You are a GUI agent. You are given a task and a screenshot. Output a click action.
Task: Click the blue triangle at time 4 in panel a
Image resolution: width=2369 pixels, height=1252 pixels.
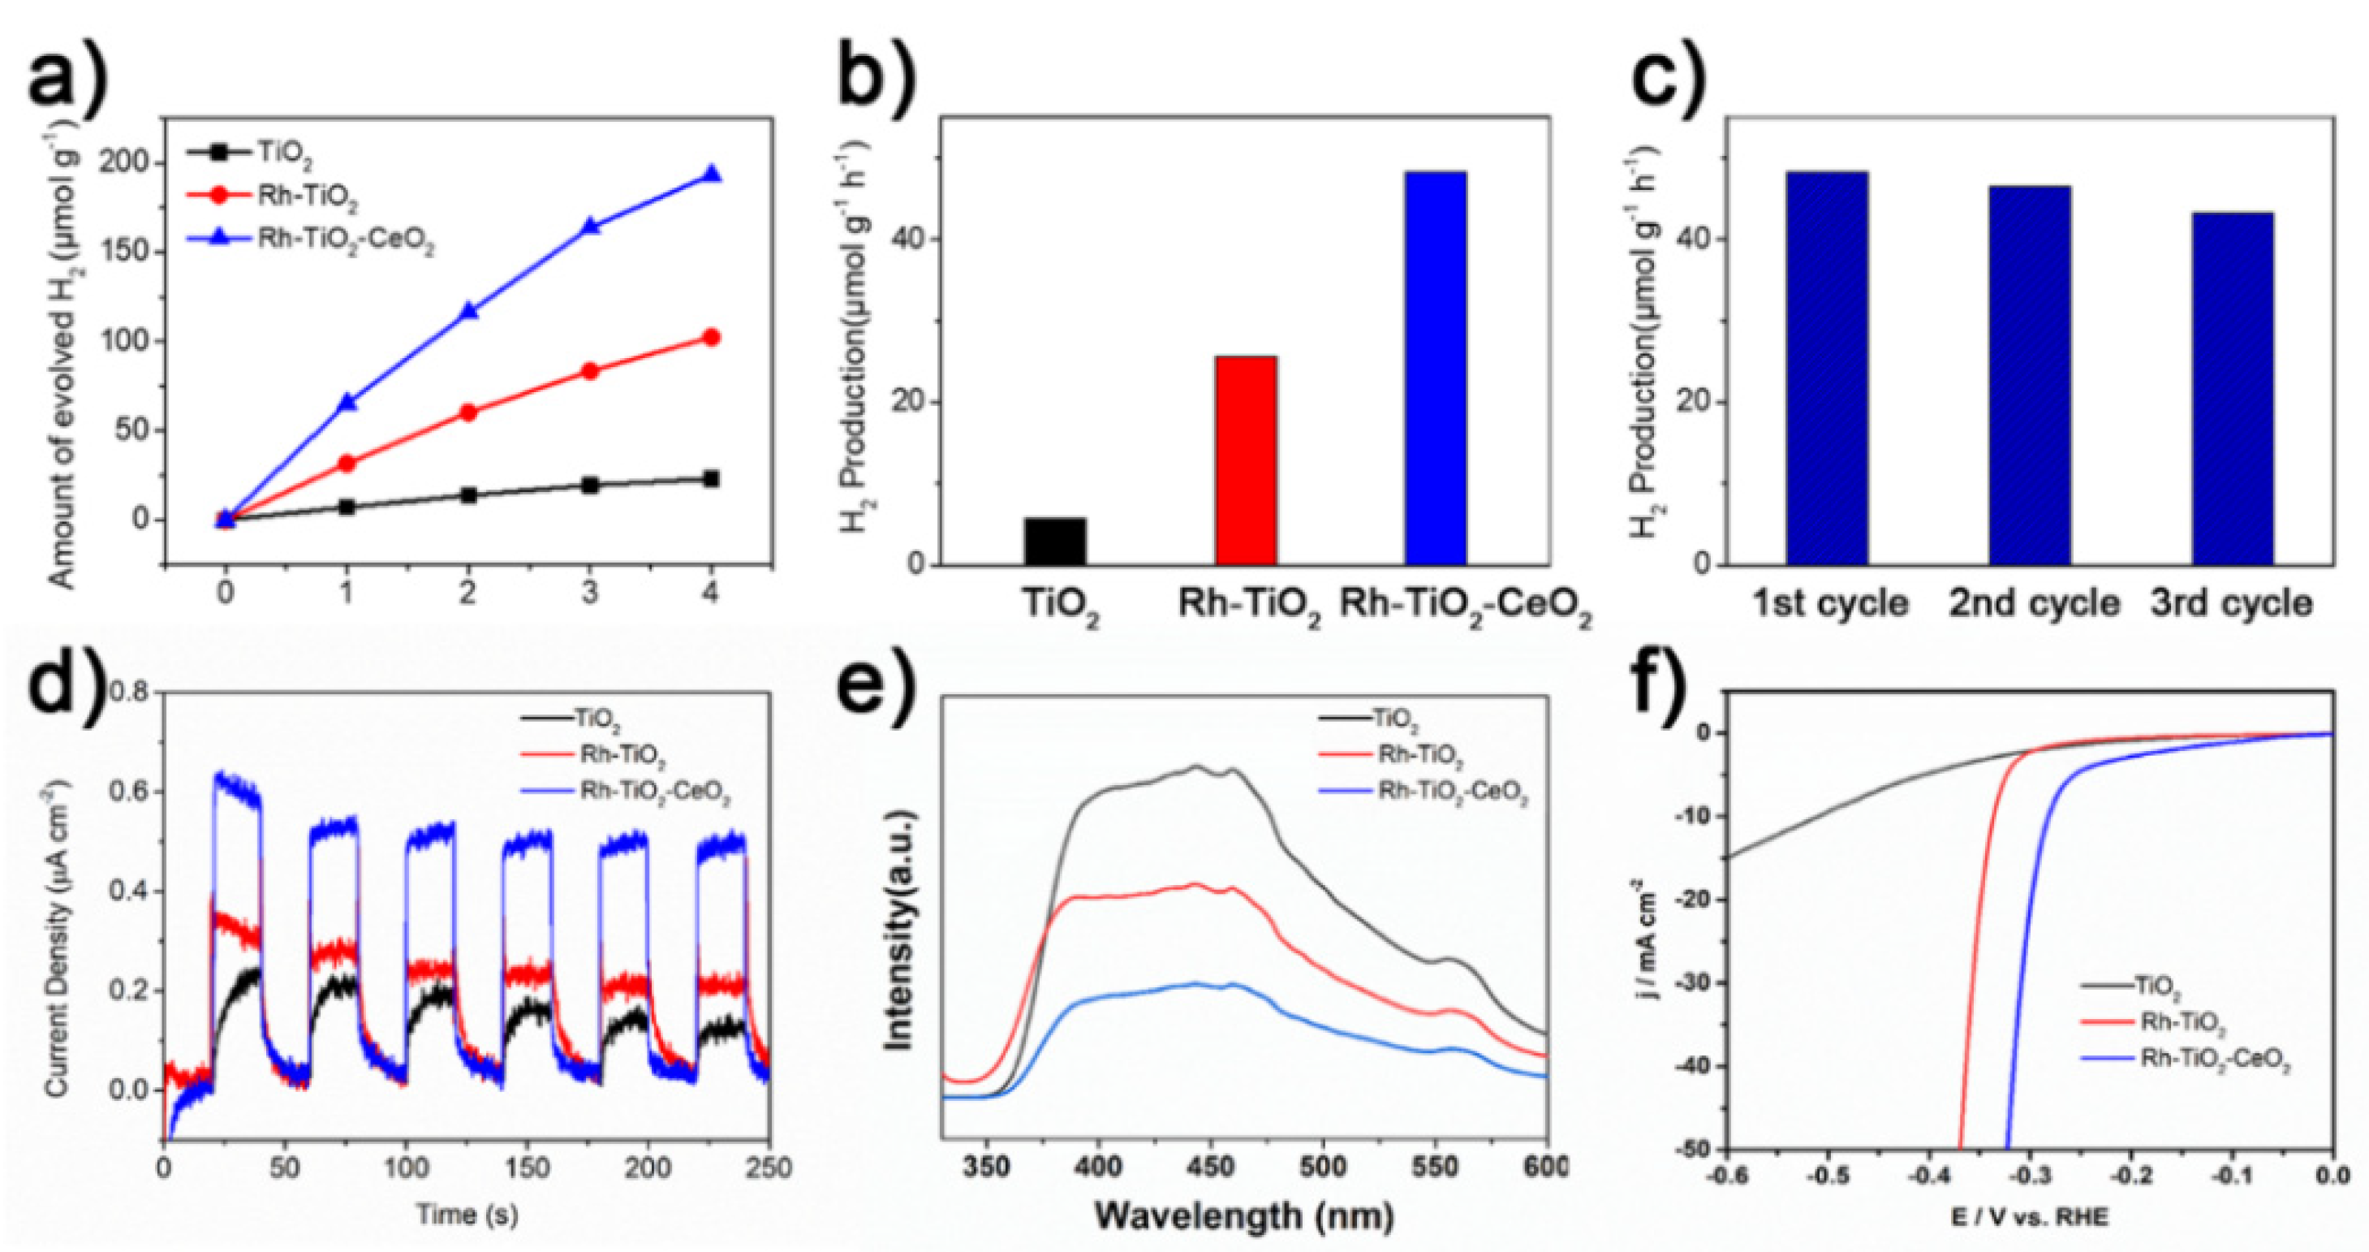(711, 174)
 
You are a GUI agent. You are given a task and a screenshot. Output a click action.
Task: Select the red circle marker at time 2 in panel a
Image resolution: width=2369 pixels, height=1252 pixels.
(468, 412)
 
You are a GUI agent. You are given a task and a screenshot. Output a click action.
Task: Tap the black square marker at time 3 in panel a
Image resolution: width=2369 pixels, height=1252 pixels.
(590, 485)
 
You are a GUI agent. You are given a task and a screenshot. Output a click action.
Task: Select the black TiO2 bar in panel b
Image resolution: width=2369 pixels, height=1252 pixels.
(1055, 541)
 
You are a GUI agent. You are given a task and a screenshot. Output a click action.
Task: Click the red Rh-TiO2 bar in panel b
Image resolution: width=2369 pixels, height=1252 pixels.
(1245, 460)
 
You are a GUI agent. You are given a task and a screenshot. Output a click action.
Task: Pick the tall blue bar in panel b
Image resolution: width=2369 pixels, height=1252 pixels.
(1436, 368)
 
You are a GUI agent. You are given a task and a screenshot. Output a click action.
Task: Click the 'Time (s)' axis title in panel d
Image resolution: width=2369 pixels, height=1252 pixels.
(467, 1215)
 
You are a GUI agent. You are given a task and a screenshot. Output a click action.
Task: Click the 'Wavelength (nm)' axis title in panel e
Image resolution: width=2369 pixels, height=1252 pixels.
(1244, 1216)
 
